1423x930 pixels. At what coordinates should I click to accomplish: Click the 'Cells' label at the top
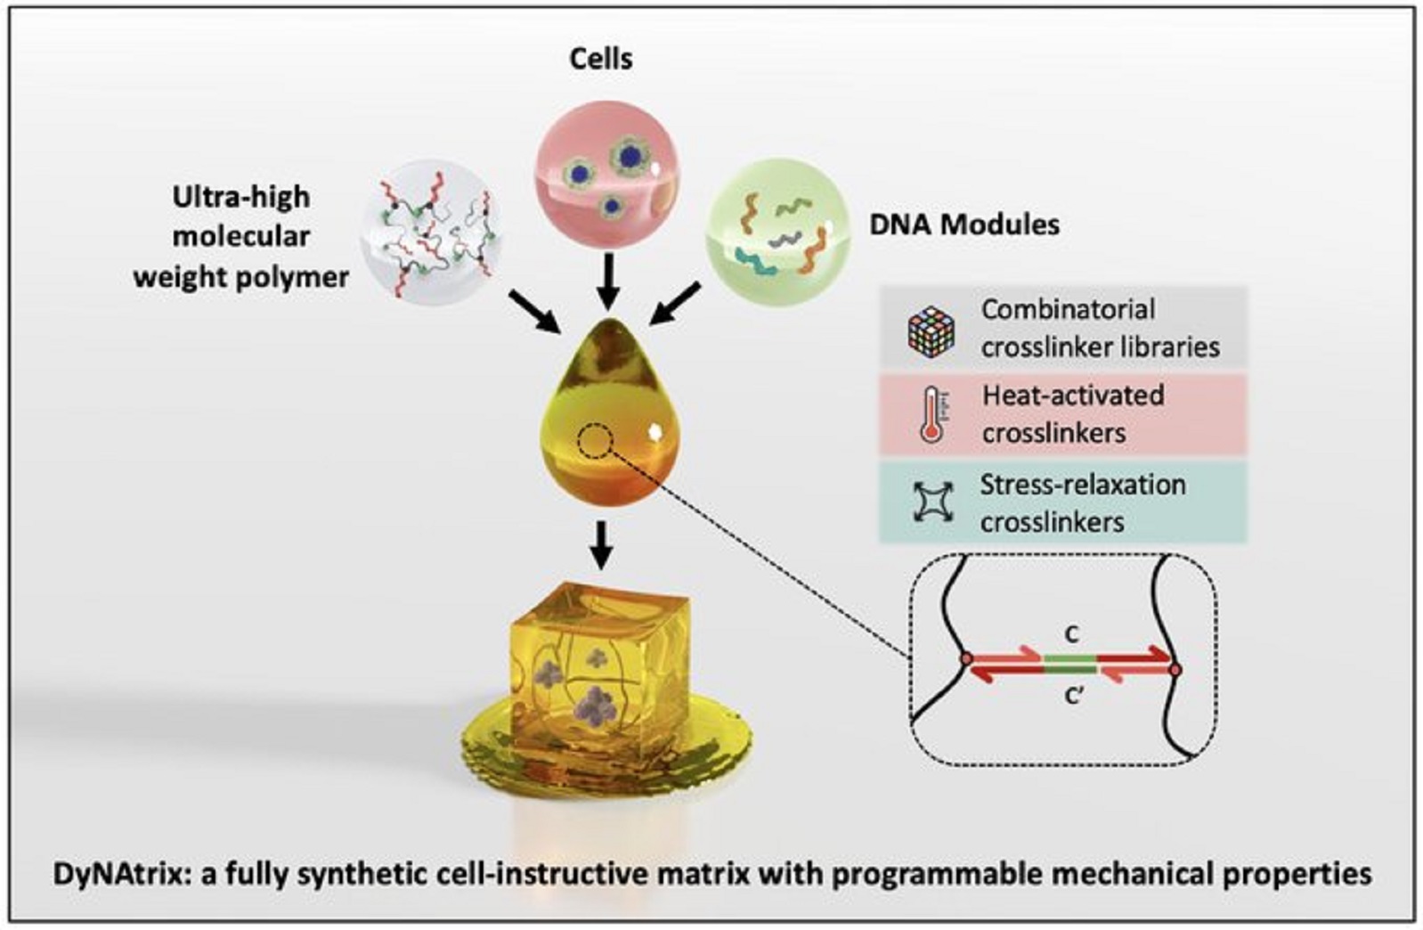click(601, 59)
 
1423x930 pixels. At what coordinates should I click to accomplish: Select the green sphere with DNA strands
click(777, 232)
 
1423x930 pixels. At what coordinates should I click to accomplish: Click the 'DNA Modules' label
click(964, 224)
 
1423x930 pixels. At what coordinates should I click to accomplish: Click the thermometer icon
click(931, 415)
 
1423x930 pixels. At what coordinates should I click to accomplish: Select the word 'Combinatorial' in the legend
click(1068, 310)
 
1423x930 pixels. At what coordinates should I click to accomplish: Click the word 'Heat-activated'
click(1073, 395)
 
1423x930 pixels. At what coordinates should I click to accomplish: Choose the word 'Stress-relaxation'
click(1083, 485)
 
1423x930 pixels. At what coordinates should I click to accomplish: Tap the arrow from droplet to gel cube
click(602, 544)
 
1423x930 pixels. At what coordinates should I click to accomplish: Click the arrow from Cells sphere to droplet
click(607, 279)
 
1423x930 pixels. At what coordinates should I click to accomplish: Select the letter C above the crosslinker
click(1072, 634)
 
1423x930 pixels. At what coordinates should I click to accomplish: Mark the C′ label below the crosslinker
click(1074, 696)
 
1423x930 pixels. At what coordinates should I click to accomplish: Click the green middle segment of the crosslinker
click(1070, 665)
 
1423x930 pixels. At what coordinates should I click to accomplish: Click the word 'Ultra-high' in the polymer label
click(241, 197)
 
